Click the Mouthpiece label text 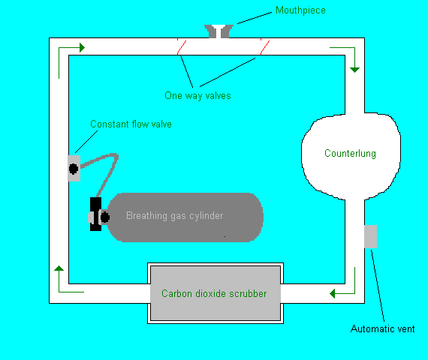coord(300,10)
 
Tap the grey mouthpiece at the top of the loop coord(219,31)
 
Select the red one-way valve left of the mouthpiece coord(182,46)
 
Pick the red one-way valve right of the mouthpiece coord(265,46)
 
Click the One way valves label coord(197,96)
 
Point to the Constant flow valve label coord(131,124)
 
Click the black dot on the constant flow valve coord(74,169)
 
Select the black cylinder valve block coord(95,214)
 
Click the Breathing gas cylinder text coord(175,216)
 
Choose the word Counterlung coord(350,153)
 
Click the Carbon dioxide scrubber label coord(214,293)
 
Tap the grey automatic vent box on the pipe coord(371,236)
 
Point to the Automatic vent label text coord(382,328)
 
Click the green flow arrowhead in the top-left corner coord(82,48)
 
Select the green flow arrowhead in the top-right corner coord(355,70)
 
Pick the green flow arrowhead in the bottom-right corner coord(332,294)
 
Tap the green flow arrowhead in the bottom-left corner coord(59,268)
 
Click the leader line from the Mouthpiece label coord(255,18)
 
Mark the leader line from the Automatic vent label coord(378,286)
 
